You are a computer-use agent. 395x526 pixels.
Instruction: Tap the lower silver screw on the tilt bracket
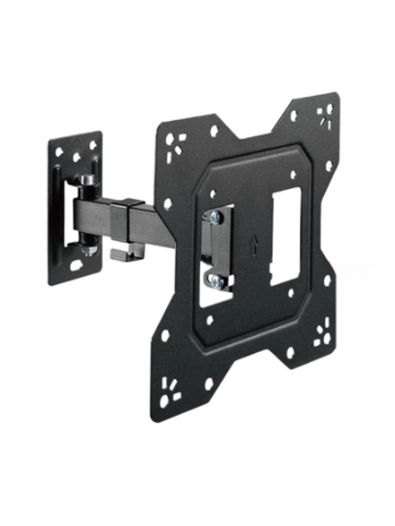coord(215,281)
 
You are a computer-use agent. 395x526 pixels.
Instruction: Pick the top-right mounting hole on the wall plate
coord(94,143)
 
